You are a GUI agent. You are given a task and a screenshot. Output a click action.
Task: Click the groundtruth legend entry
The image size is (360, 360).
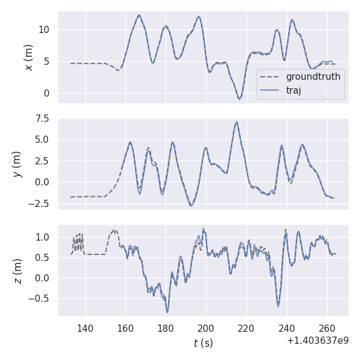click(x=313, y=77)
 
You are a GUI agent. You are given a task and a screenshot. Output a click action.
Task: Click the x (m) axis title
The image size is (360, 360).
click(x=28, y=58)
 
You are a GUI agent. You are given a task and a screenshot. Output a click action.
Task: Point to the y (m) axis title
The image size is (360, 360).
click(x=17, y=164)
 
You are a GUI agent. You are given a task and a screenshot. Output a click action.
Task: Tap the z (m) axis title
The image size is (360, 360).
click(x=17, y=271)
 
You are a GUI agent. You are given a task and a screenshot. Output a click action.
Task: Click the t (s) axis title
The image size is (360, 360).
click(x=203, y=343)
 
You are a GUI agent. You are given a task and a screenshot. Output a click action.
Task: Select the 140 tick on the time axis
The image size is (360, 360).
click(x=85, y=328)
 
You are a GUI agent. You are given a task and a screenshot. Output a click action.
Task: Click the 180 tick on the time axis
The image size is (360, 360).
click(x=166, y=328)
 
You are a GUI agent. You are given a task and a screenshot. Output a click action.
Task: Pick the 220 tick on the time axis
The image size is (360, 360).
click(x=246, y=328)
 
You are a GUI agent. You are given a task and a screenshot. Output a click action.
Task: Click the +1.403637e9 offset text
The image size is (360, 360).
click(x=317, y=341)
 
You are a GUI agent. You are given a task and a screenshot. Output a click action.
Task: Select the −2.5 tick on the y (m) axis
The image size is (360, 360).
click(x=42, y=203)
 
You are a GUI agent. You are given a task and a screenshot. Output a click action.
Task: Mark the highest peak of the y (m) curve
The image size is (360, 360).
click(x=236, y=122)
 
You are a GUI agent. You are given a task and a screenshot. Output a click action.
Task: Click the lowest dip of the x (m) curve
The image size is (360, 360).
click(x=239, y=99)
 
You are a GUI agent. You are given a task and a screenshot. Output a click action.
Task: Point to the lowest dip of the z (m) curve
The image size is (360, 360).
click(x=167, y=312)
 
